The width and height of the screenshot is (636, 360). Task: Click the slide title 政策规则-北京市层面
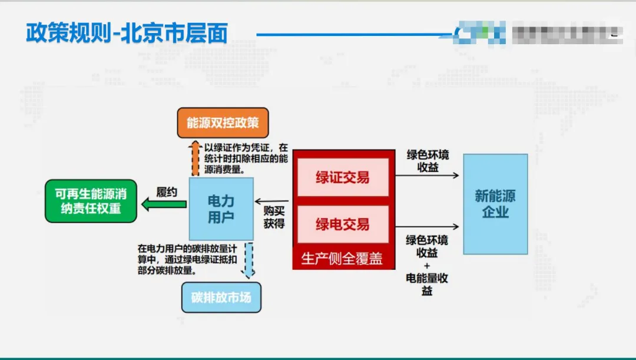[126, 34]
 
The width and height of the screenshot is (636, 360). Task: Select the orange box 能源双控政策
[223, 123]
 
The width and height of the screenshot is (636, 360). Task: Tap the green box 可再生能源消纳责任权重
[91, 202]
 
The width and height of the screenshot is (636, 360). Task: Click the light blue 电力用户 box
[221, 209]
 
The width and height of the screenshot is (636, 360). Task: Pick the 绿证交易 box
[343, 177]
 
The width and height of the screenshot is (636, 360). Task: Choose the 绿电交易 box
[343, 224]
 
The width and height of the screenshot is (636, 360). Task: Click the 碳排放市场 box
[221, 297]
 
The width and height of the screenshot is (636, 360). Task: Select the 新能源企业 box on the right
[495, 204]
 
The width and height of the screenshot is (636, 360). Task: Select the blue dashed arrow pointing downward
[249, 260]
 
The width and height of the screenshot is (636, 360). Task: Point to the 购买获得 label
[274, 217]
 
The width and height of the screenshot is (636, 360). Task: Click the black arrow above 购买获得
[272, 202]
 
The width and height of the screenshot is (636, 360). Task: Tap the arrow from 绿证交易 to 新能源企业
[427, 175]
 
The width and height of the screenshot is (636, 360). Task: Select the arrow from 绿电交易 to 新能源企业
[427, 227]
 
